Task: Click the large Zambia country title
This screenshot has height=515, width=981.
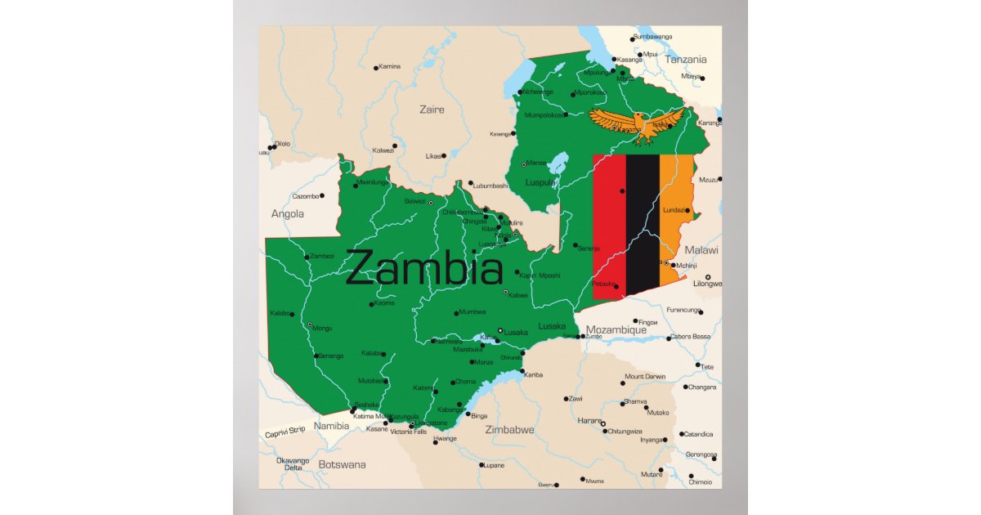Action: (x=424, y=268)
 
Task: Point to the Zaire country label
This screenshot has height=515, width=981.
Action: (x=432, y=110)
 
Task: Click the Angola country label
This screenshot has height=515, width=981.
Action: (x=287, y=214)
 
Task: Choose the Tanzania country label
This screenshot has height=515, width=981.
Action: (x=685, y=60)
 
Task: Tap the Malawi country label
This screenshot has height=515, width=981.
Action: (x=701, y=250)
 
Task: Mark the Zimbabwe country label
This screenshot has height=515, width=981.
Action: (x=509, y=429)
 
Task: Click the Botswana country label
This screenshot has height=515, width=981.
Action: (x=342, y=464)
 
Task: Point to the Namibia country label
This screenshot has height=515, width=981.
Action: (x=332, y=426)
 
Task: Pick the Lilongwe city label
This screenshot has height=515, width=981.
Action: (x=708, y=284)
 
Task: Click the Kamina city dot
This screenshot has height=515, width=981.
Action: (x=376, y=68)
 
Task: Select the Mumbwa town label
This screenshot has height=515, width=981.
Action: (x=472, y=311)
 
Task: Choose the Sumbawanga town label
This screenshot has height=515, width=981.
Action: (x=652, y=37)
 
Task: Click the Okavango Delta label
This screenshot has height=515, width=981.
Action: (x=293, y=463)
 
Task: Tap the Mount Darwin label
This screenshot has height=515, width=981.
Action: (x=645, y=377)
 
